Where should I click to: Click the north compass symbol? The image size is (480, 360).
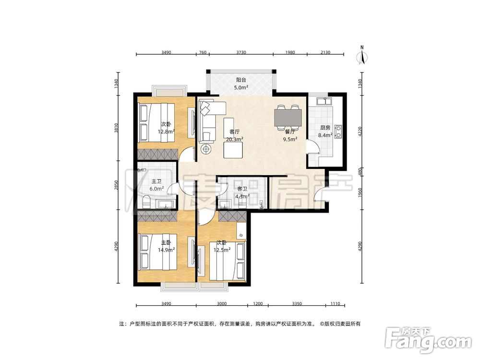362,56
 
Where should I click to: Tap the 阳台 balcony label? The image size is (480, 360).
241,80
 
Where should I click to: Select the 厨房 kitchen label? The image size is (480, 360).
325,128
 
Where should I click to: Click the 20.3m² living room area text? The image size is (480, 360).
235,139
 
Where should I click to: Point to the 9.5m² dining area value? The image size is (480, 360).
290,139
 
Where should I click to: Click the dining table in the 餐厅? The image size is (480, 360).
288,118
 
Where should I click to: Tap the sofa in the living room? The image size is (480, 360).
211,121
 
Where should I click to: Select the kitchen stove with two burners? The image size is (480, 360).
338,132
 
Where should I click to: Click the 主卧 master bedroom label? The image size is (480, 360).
166,242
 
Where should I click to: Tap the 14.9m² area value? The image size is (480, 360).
166,250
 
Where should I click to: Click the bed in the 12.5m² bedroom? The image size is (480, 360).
228,261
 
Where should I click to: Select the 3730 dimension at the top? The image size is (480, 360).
241,52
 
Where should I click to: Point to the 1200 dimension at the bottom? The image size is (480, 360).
258,304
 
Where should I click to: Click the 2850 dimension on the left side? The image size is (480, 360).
116,185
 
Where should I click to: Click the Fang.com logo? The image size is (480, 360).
428,340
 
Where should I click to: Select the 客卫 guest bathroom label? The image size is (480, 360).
242,189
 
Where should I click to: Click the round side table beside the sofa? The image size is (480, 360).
206,149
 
